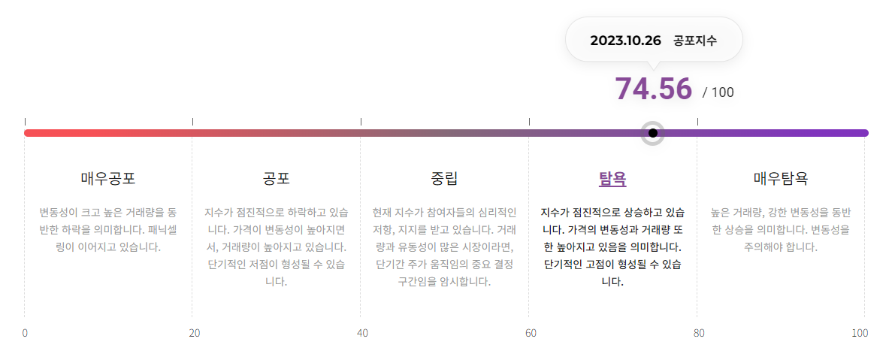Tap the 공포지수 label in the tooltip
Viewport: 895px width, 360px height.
click(x=695, y=40)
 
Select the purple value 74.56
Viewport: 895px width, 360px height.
click(x=653, y=89)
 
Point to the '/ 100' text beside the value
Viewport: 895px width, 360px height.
click(x=718, y=92)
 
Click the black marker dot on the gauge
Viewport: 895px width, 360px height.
click(x=653, y=133)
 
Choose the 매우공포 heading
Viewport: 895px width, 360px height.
click(x=108, y=179)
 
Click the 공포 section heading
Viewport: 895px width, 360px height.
click(x=277, y=179)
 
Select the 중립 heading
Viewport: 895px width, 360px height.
click(x=444, y=179)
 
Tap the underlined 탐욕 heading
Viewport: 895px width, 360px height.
click(x=612, y=179)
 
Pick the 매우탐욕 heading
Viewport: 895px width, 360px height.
click(x=781, y=179)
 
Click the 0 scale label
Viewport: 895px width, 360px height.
click(x=25, y=333)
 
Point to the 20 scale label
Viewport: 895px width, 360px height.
click(x=194, y=333)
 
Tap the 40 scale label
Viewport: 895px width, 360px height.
click(x=362, y=333)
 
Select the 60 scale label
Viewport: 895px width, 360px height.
click(x=531, y=333)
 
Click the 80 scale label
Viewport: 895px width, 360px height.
click(x=699, y=333)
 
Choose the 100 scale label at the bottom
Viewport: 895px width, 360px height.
click(x=860, y=333)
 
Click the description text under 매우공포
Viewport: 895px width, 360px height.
click(x=108, y=229)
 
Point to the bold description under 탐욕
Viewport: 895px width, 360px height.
click(x=612, y=247)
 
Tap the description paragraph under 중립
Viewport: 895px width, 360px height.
click(x=444, y=247)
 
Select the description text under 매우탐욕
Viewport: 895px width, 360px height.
click(x=781, y=229)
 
